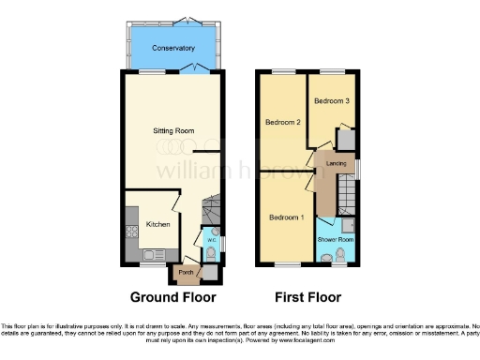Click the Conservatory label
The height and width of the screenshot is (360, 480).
pos(174,48)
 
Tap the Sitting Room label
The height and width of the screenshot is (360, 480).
pos(174,131)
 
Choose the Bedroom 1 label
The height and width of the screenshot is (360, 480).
pos(286,217)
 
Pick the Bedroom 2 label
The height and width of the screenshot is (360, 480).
pos(282,123)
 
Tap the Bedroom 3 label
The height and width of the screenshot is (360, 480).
pos(332,100)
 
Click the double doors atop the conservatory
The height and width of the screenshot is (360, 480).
pos(188,21)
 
